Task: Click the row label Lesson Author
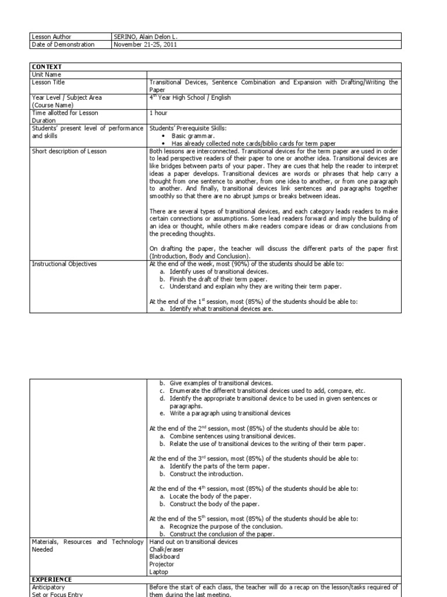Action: (51, 36)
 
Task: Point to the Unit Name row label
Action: (47, 75)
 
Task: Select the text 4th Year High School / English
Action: (190, 97)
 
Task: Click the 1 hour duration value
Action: (158, 112)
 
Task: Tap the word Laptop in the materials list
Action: (159, 571)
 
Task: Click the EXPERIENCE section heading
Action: (52, 579)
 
